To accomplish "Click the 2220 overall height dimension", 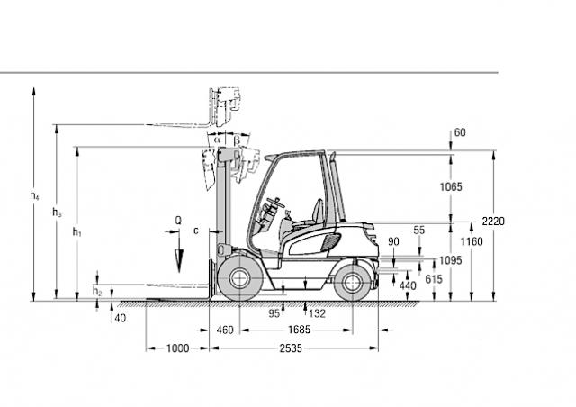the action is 493,222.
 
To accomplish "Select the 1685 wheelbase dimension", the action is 299,330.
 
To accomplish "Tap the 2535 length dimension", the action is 291,348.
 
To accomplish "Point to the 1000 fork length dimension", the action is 178,348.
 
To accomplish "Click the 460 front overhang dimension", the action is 225,330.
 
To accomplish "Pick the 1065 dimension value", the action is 451,186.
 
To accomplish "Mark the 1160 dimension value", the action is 472,241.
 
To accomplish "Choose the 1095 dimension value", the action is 451,260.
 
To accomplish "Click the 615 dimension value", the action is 434,279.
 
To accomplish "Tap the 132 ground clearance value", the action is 317,313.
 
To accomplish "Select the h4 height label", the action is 34,195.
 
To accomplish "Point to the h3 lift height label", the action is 57,213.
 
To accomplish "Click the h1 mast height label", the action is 76,232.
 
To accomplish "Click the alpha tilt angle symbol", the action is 217,140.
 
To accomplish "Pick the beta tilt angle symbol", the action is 237,140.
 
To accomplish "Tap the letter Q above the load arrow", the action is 178,221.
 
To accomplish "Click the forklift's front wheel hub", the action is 240,278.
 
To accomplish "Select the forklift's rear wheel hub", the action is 352,283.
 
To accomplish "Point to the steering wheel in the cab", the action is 276,203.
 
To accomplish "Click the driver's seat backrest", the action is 318,212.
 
